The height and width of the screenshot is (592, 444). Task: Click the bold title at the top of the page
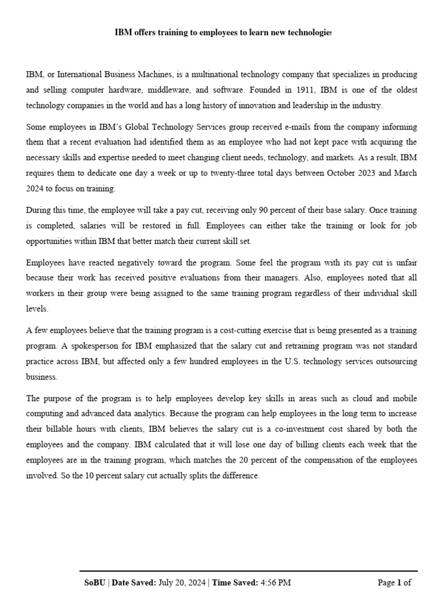223,33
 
